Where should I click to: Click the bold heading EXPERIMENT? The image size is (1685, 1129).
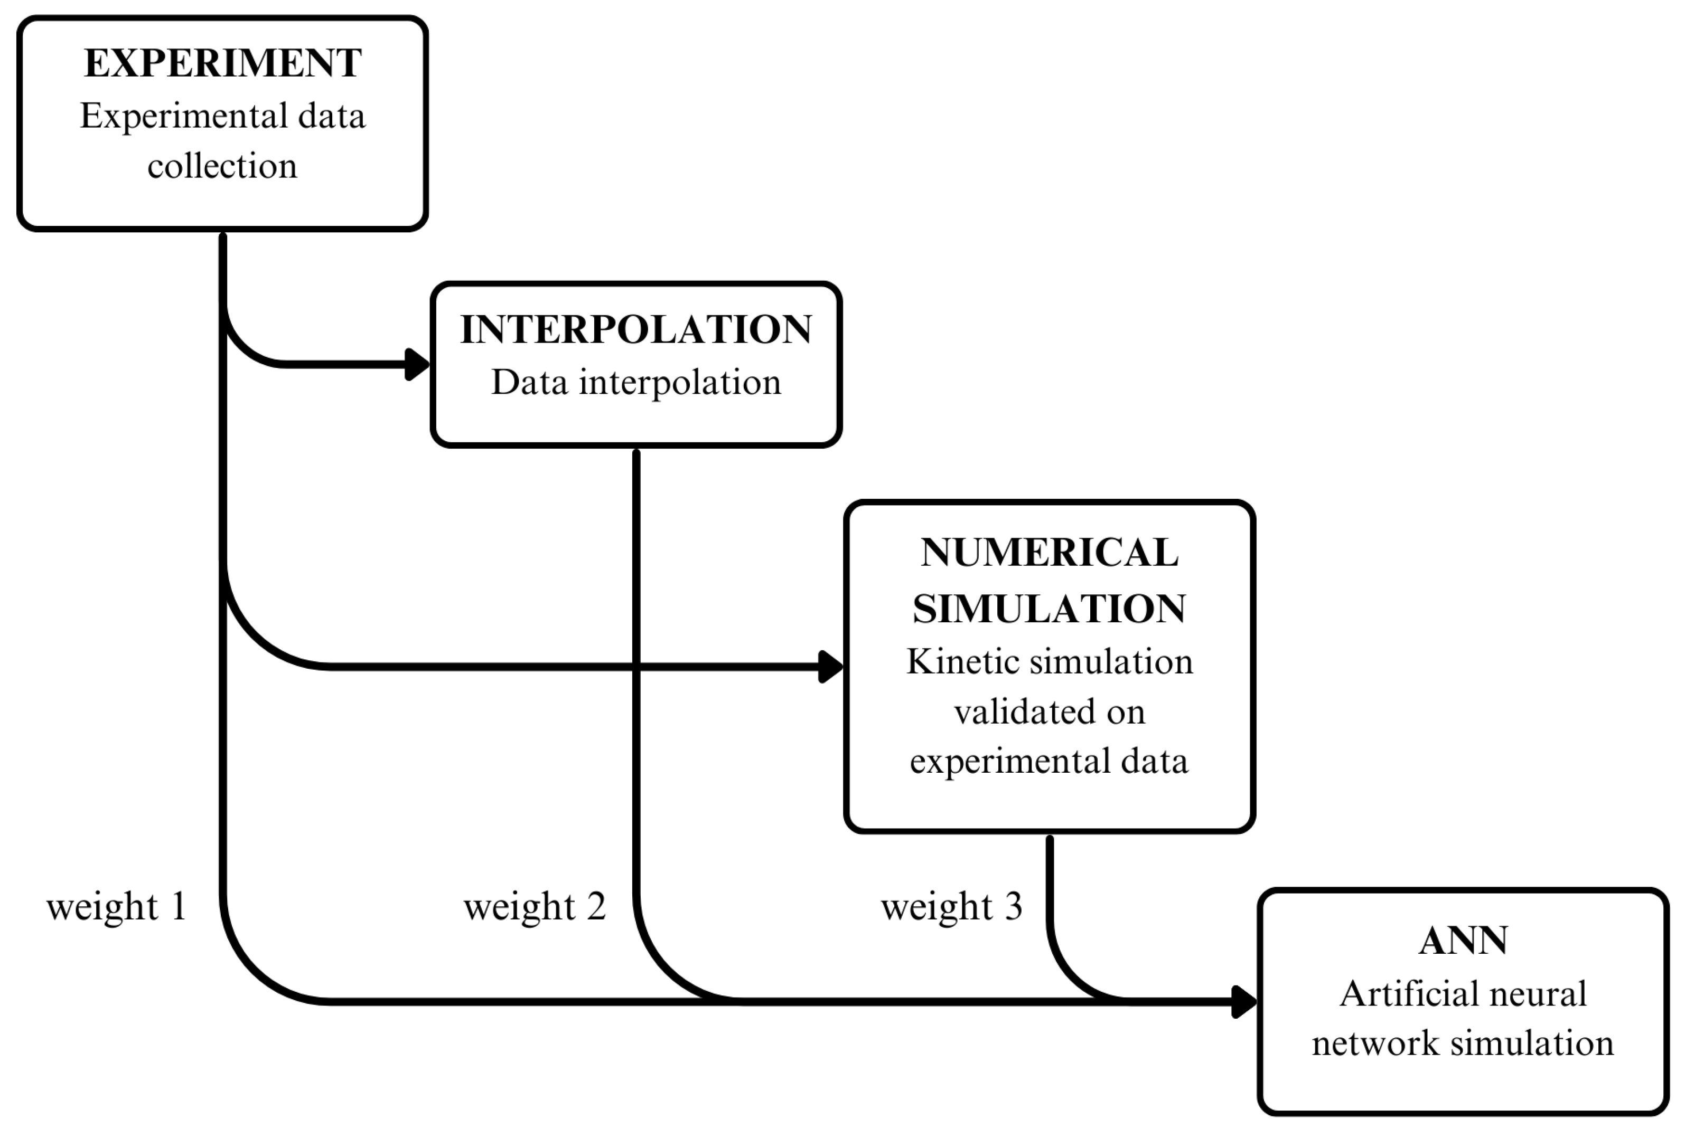click(222, 63)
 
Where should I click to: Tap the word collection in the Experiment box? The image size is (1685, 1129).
click(222, 166)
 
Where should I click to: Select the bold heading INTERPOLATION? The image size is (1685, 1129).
click(636, 330)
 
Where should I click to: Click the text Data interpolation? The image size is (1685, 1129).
click(636, 382)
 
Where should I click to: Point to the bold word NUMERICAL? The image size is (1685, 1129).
click(1049, 553)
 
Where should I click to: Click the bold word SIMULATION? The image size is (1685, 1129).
click(1049, 609)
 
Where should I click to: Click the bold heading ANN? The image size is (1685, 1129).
click(1463, 941)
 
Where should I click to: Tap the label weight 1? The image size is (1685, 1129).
click(117, 906)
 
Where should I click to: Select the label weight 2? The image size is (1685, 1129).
click(535, 906)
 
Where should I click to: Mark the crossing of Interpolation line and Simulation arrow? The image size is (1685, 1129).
click(636, 667)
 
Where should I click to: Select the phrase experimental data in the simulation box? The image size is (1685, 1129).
click(1049, 761)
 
